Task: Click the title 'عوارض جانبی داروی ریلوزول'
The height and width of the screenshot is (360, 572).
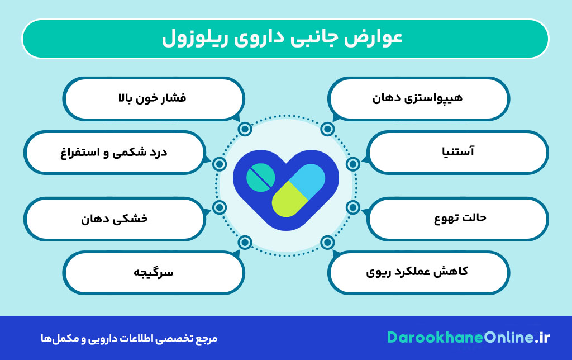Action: (285, 39)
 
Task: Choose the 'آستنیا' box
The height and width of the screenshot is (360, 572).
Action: (457, 151)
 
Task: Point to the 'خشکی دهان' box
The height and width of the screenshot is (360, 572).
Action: (114, 219)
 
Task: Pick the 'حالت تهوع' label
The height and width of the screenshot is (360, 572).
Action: (457, 217)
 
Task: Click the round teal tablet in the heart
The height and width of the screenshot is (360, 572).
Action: (260, 178)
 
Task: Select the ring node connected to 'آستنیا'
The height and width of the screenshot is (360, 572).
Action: (352, 164)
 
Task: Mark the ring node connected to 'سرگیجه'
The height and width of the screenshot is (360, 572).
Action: (244, 242)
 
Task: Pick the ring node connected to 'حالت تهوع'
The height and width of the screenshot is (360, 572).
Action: (352, 207)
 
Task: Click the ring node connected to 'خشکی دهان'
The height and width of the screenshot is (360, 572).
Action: (220, 207)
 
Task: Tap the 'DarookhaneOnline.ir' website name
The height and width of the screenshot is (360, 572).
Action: (469, 338)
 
